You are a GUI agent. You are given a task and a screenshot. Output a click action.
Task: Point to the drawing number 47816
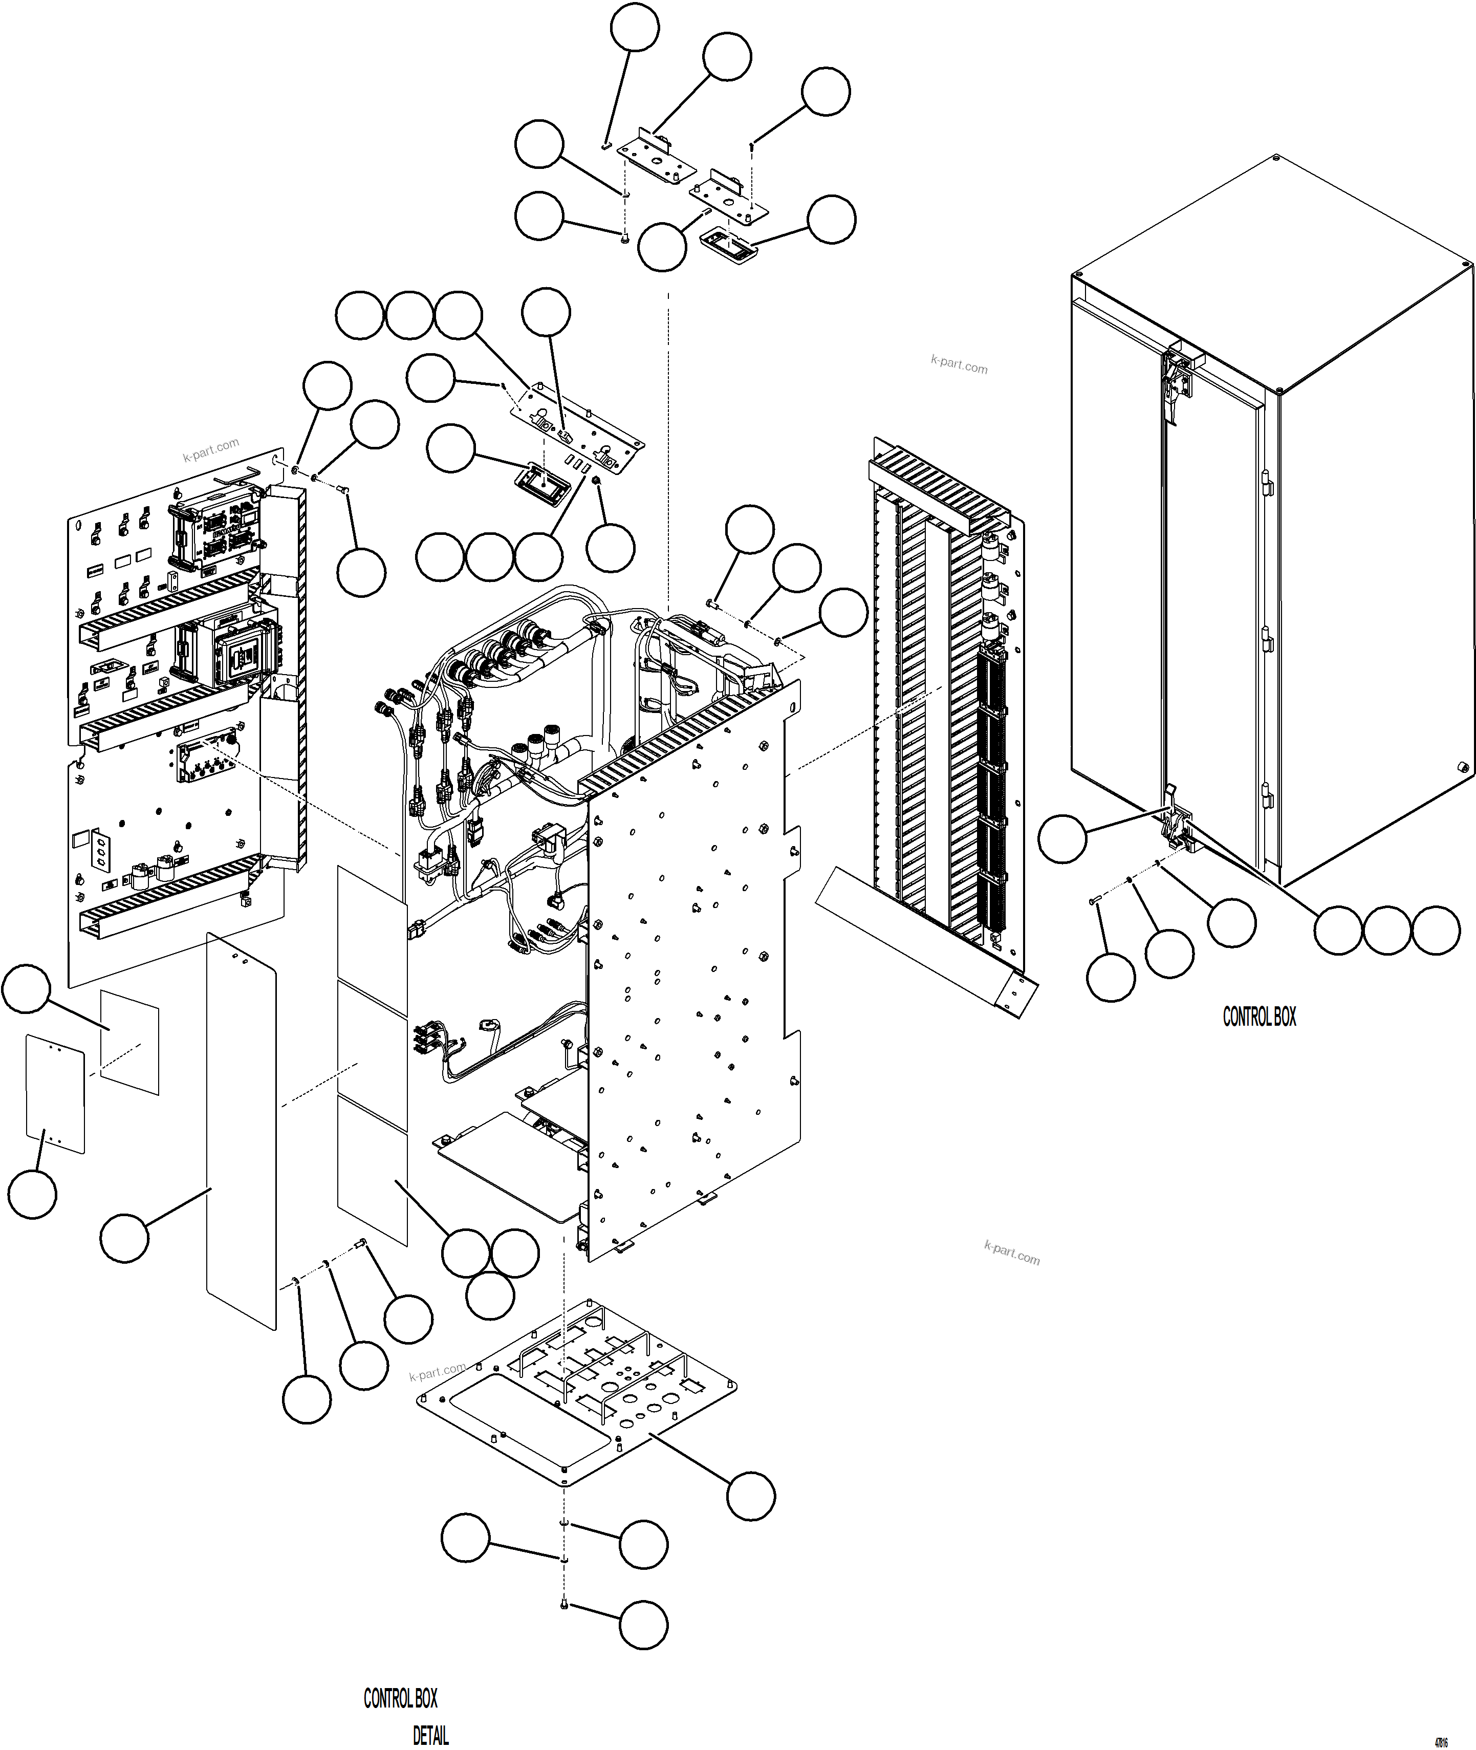click(x=1441, y=1737)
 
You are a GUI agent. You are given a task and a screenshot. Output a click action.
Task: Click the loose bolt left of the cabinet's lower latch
click(x=1093, y=900)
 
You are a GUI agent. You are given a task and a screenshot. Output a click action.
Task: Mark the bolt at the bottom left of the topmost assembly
click(x=625, y=240)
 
